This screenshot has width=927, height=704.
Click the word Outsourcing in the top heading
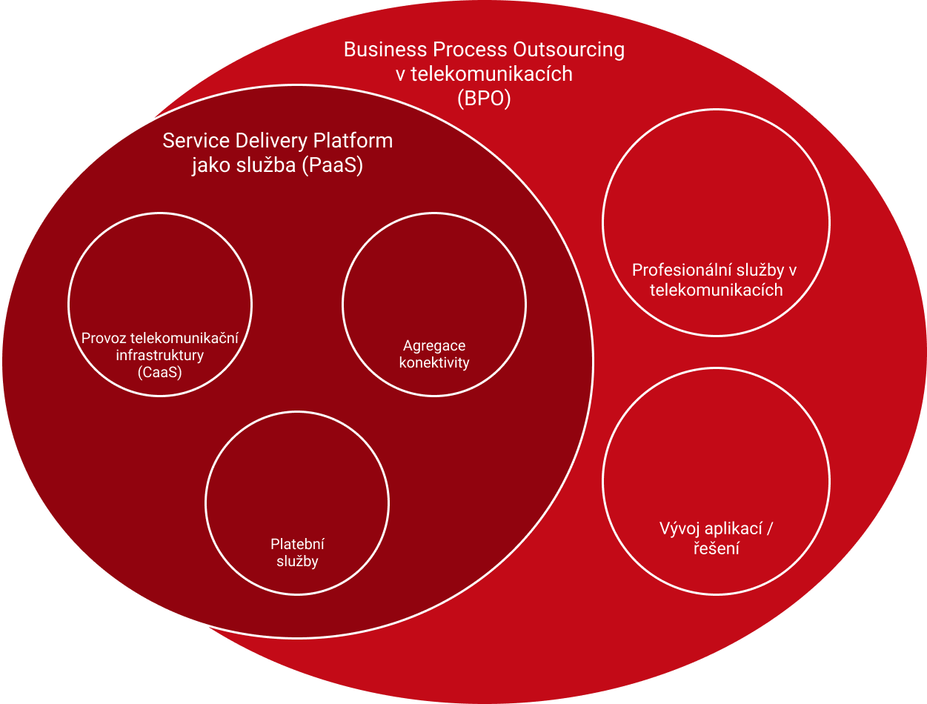[x=567, y=50]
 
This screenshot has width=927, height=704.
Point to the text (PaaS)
[x=332, y=166]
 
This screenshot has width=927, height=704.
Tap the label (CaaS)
[x=159, y=373]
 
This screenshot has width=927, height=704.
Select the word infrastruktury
[x=159, y=356]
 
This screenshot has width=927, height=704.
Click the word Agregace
[x=434, y=345]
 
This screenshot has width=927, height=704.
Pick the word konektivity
[x=434, y=362]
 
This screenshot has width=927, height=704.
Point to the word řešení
[x=716, y=549]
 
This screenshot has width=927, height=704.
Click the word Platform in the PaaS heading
[x=353, y=141]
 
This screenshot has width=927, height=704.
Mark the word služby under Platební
[x=297, y=561]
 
